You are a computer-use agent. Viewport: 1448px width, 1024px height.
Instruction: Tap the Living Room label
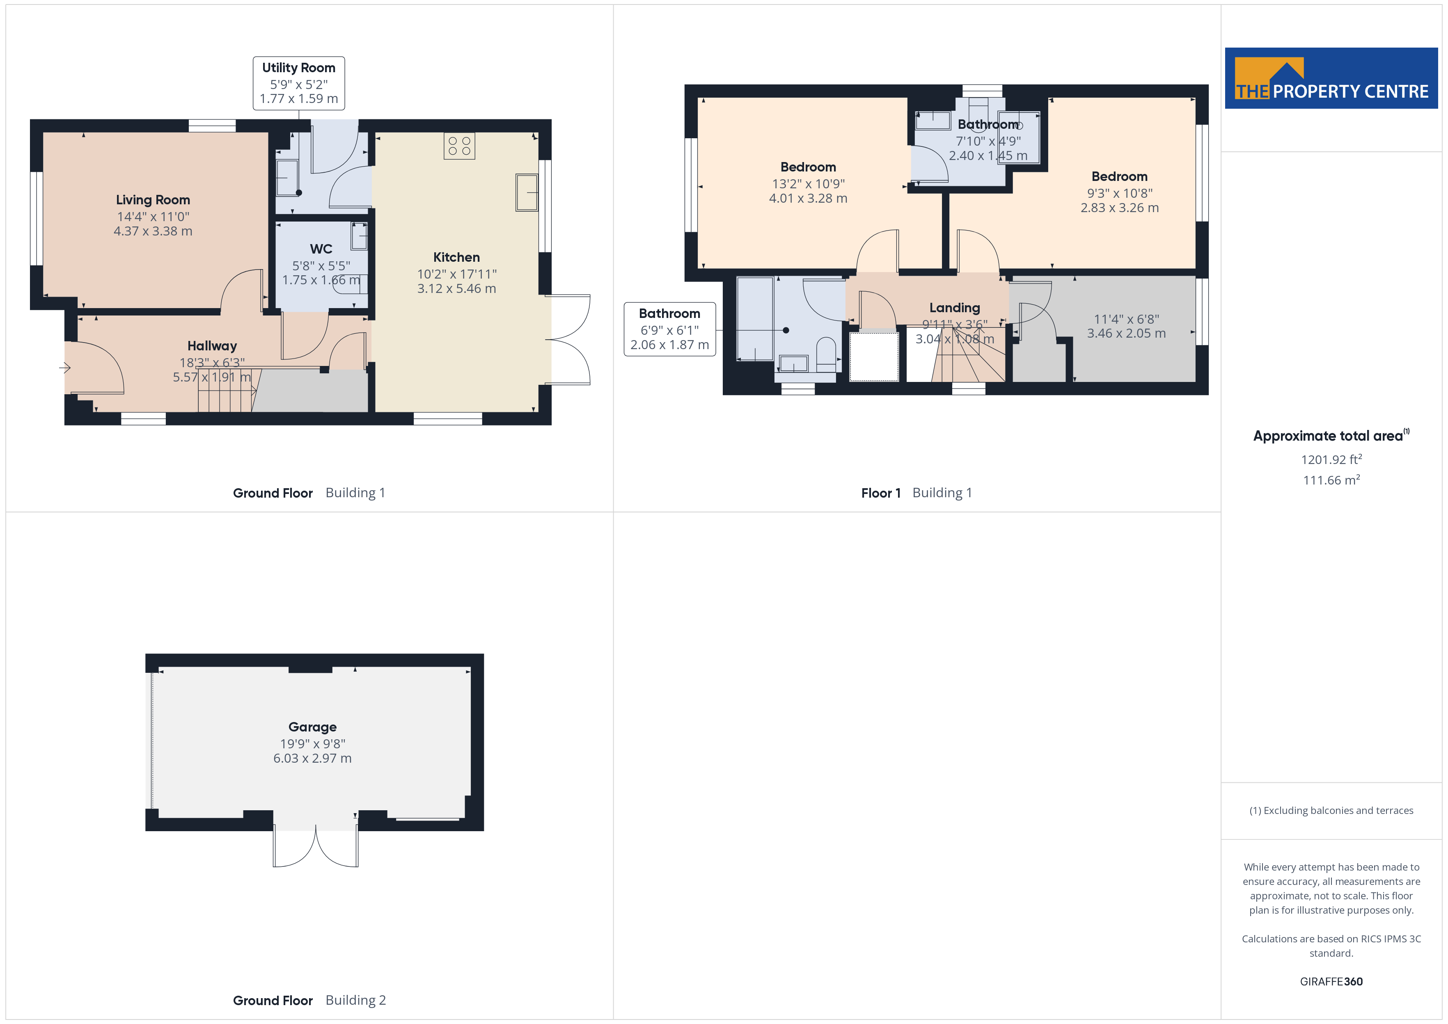153,200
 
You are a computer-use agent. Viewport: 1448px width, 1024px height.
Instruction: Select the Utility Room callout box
299,83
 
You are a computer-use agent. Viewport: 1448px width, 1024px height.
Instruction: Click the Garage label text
312,727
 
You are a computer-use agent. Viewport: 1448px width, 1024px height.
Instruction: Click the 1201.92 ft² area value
1331,459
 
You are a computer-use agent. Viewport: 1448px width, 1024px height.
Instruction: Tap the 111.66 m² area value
1331,480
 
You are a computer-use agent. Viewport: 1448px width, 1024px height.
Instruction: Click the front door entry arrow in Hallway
65,368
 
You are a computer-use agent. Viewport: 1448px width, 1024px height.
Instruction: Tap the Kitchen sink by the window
527,192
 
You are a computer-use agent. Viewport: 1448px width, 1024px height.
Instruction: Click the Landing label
954,308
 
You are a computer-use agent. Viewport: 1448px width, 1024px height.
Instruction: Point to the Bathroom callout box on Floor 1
670,329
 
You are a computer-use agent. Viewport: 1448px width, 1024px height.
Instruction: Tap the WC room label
321,249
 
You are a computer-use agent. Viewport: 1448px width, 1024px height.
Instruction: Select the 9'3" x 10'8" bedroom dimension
1119,193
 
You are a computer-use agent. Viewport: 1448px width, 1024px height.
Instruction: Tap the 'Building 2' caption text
356,1000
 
